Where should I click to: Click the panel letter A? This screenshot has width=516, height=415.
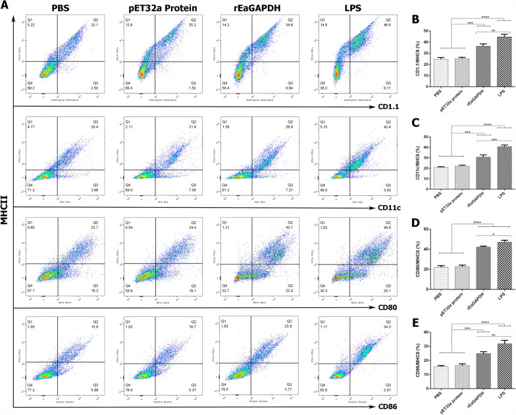(5, 6)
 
